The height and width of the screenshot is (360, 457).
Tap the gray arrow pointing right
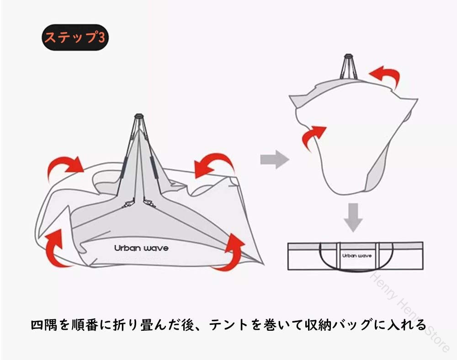[274, 159]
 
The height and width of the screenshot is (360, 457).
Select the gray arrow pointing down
[352, 217]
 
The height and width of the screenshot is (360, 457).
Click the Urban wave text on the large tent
[141, 249]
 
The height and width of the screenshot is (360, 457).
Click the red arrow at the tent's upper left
[65, 167]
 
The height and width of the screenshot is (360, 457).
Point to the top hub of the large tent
[139, 118]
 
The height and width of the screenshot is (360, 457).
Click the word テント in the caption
[242, 325]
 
